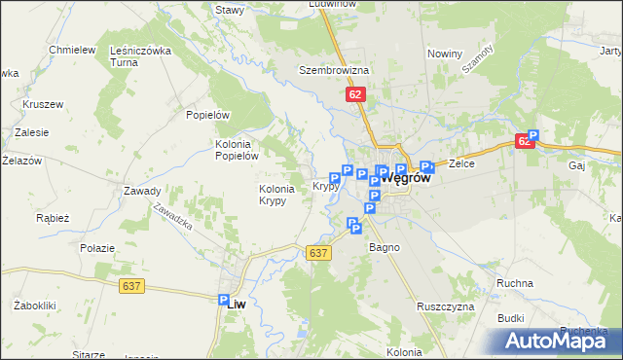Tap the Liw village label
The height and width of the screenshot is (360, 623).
point(238,304)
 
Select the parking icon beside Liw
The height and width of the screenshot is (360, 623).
point(223,302)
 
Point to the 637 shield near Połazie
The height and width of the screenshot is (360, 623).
point(134,286)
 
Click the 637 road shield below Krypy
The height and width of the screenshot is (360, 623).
point(320,253)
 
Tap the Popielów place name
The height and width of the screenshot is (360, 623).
point(207,114)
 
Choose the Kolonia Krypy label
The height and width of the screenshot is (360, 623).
point(274,195)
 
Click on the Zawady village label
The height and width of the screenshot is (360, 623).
point(142,191)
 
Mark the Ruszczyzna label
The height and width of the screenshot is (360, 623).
point(445,306)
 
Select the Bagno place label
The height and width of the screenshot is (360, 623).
point(384,247)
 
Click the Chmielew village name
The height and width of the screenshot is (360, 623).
point(71,50)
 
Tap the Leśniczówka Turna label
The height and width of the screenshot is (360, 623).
point(140,56)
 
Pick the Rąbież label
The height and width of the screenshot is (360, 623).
point(52,218)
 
